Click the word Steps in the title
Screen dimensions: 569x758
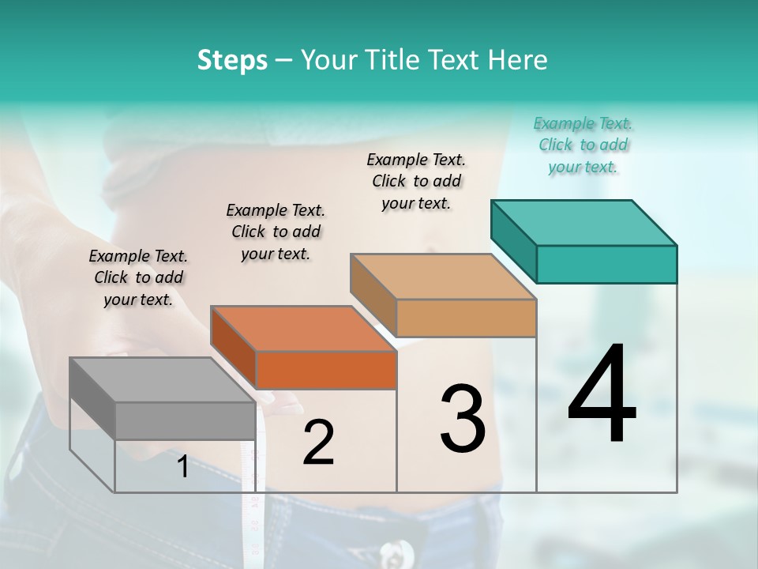[x=232, y=60]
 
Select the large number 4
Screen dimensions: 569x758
[x=602, y=395]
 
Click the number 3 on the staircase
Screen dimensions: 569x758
[x=463, y=420]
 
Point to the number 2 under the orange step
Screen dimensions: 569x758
[x=318, y=443]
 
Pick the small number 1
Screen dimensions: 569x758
[x=182, y=467]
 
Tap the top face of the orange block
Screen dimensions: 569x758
[x=303, y=328]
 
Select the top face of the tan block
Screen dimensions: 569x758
[x=443, y=277]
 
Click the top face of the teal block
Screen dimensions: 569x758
[x=584, y=222]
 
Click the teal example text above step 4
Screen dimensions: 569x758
[x=583, y=145]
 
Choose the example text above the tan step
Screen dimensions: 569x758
[x=416, y=181]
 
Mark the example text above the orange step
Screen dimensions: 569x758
[x=276, y=232]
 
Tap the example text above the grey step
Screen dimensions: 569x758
[x=138, y=277]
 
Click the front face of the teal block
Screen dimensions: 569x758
[x=606, y=264]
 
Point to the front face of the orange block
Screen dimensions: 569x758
[x=326, y=370]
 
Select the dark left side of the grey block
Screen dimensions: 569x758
[x=92, y=399]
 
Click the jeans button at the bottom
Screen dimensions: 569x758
[x=394, y=550]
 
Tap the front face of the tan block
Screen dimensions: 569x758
[x=466, y=318]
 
